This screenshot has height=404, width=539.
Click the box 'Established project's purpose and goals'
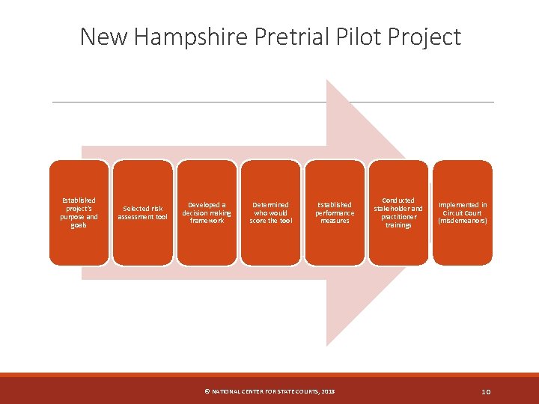(79, 212)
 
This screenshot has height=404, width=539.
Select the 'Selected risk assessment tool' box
(142, 212)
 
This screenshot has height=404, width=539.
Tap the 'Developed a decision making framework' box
(207, 212)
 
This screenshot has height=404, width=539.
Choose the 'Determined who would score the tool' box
(270, 212)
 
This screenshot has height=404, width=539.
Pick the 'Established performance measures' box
(335, 212)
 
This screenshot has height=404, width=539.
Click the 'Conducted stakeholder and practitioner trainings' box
(398, 212)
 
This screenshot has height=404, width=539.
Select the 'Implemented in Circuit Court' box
(463, 212)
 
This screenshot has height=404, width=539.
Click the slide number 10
(485, 391)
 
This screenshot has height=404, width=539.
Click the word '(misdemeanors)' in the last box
(463, 221)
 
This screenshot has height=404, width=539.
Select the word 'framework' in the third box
(207, 221)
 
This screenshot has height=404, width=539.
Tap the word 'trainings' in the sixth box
(398, 225)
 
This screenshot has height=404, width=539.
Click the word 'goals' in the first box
(79, 225)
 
